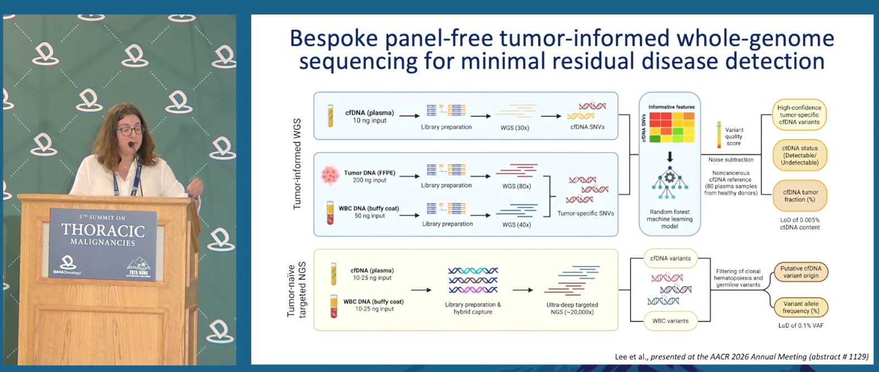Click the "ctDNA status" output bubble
800,155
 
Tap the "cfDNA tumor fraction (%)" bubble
800,195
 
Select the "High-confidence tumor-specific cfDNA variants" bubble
799,115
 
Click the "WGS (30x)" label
515,128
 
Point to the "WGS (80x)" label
516,186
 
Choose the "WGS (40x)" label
516,225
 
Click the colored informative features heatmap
672,127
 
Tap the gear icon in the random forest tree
670,178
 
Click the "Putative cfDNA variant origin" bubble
800,272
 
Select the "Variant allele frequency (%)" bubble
800,307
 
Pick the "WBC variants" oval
670,321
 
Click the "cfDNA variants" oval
670,259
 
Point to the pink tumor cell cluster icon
330,175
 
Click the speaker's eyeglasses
130,130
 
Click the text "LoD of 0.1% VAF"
800,325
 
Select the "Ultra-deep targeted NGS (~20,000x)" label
572,308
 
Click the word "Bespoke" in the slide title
334,39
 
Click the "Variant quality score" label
734,136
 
